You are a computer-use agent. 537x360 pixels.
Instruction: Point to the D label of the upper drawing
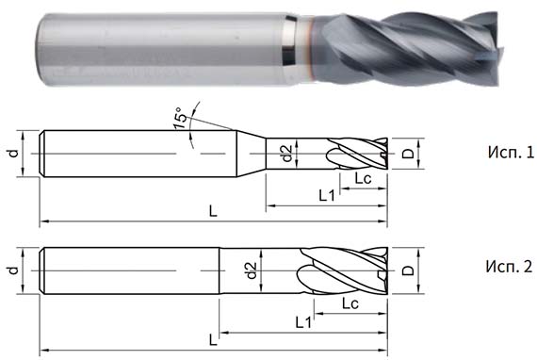[x=407, y=152]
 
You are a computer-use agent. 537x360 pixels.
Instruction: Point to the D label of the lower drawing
[x=407, y=270]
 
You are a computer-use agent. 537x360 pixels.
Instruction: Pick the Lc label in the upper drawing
[x=363, y=178]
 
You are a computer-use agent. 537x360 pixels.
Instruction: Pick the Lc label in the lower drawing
[x=350, y=303]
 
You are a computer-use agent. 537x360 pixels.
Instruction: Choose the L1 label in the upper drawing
[x=328, y=195]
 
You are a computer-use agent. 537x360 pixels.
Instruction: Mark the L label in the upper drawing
[x=213, y=213]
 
